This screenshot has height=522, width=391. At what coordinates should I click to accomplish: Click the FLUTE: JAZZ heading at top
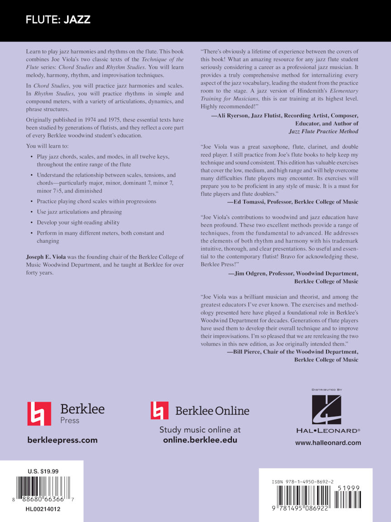(58, 20)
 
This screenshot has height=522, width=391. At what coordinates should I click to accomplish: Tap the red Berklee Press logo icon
(39, 413)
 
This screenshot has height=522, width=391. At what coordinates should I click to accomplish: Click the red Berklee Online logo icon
(159, 410)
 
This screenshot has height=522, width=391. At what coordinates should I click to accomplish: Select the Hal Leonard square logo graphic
(326, 410)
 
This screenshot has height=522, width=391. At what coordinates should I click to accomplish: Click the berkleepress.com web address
(62, 440)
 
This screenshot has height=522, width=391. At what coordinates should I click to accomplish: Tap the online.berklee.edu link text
(200, 440)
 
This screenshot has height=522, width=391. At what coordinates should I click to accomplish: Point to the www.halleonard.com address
(328, 443)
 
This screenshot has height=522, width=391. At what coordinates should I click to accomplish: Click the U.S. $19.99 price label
(42, 471)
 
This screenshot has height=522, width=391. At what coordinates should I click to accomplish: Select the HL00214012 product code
(43, 509)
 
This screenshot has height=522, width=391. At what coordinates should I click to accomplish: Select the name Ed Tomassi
(249, 202)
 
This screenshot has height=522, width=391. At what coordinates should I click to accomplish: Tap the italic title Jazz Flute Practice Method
(323, 131)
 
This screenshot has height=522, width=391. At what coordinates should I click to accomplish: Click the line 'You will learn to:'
(48, 146)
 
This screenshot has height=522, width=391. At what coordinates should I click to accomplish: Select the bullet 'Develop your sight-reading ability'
(78, 222)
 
